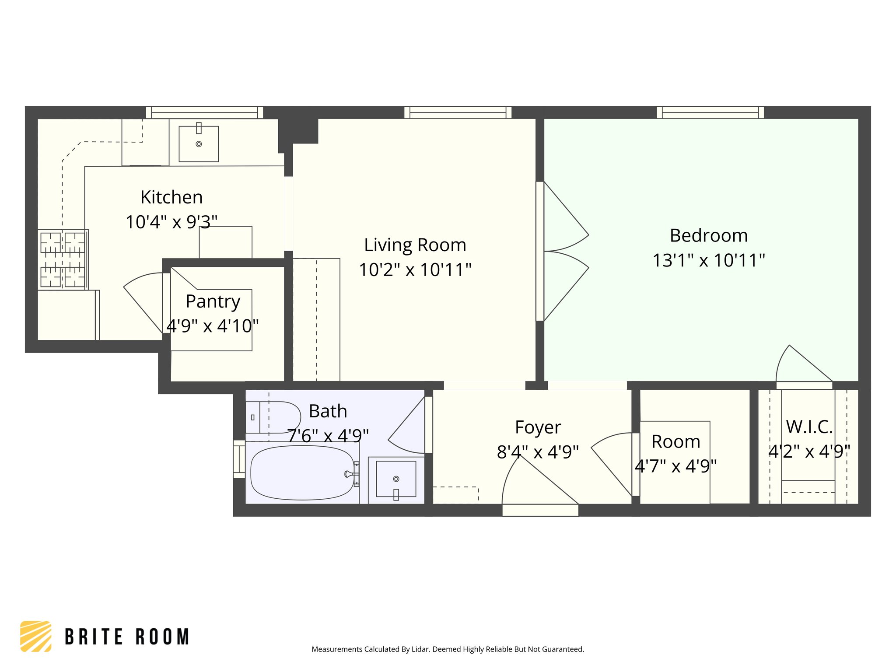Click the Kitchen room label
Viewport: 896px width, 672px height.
(x=171, y=197)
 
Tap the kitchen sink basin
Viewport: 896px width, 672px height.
(x=199, y=144)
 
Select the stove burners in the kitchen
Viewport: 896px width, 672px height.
(x=63, y=260)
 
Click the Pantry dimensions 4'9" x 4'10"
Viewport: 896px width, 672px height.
(x=213, y=326)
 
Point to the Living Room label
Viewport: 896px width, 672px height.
(x=415, y=245)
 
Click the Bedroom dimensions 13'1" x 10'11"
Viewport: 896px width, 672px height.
(x=709, y=260)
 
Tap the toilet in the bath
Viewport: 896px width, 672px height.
(x=273, y=417)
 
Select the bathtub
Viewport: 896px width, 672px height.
(x=302, y=473)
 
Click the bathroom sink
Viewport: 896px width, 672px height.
(x=396, y=479)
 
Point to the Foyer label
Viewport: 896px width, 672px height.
(x=538, y=427)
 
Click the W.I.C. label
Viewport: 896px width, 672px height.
(x=809, y=427)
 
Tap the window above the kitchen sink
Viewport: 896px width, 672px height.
(x=204, y=112)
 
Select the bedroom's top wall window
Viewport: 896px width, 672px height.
(x=710, y=112)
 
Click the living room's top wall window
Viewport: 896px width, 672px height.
(x=458, y=112)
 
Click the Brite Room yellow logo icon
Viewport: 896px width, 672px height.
(x=36, y=636)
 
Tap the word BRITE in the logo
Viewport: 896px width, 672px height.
(x=94, y=637)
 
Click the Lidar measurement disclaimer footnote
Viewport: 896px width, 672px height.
(x=448, y=649)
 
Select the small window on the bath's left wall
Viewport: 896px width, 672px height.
(x=239, y=459)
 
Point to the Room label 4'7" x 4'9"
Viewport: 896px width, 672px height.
(x=676, y=442)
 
